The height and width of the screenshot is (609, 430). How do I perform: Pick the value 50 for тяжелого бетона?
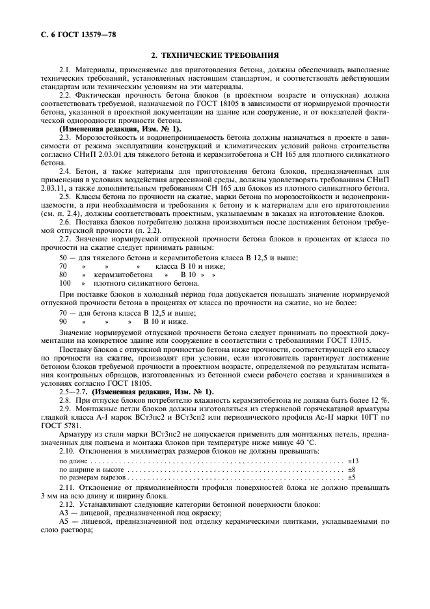[63, 258]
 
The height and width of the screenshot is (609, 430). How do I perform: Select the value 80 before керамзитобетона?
[63, 275]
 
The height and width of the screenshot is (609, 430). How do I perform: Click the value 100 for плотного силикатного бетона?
[64, 284]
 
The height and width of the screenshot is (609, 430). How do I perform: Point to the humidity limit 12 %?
[381, 399]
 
